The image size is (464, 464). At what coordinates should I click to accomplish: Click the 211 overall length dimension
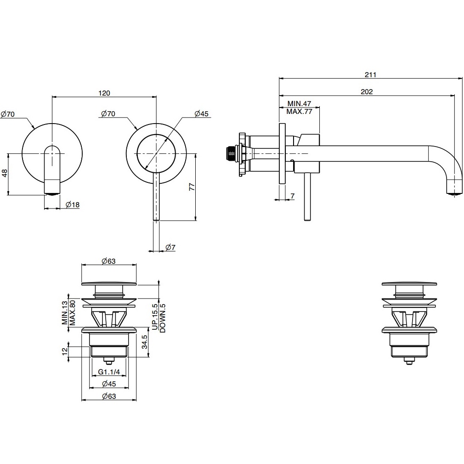pyautogui.click(x=370, y=75)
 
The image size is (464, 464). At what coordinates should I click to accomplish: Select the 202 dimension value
pyautogui.click(x=367, y=92)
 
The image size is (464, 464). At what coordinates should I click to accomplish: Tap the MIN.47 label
pyautogui.click(x=299, y=103)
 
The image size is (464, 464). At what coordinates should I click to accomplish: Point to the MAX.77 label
pyautogui.click(x=299, y=112)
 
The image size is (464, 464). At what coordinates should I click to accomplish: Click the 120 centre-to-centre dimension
pyautogui.click(x=104, y=93)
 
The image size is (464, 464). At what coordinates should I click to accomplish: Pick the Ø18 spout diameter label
pyautogui.click(x=73, y=204)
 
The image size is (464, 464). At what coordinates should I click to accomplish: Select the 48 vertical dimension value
pyautogui.click(x=5, y=173)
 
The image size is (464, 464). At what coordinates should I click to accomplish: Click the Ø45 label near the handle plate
pyautogui.click(x=202, y=113)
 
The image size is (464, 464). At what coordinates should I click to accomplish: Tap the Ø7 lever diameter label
pyautogui.click(x=170, y=247)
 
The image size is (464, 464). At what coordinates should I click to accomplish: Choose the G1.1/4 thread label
pyautogui.click(x=109, y=372)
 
